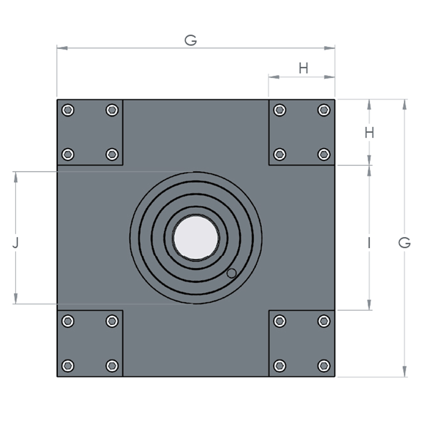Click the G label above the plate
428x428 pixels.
pos(190,40)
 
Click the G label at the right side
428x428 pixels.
pos(404,243)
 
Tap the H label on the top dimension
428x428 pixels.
pos(303,68)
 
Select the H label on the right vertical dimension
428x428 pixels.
pos(369,133)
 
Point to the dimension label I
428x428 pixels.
pos(369,243)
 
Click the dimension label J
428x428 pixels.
pos(16,243)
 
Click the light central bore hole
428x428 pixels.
pos(196,238)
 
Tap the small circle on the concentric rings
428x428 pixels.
pos(232,273)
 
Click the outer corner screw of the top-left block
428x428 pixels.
pos(68,110)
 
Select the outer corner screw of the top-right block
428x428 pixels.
pos(324,110)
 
